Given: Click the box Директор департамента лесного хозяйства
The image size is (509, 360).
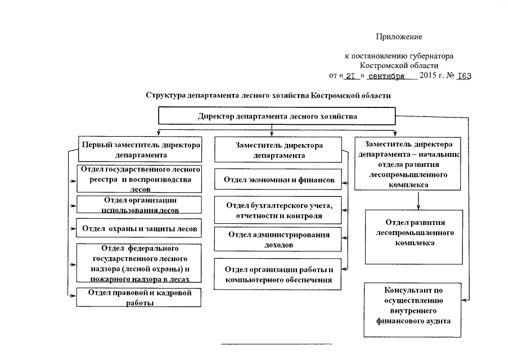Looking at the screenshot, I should [277, 116].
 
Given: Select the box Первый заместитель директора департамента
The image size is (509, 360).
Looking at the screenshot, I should [140, 150].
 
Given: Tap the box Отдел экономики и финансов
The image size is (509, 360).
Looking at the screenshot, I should [279, 180].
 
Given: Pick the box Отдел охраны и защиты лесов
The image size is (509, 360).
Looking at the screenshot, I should [139, 228].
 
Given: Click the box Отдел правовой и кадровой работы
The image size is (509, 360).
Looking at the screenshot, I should [139, 298].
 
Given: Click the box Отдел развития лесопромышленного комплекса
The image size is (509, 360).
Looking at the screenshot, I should [413, 237].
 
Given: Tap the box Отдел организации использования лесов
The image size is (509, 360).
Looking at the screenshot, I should [139, 205].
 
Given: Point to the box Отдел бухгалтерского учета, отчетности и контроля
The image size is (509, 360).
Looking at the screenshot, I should [279, 210].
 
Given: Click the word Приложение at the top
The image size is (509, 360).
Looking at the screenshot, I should [399, 37].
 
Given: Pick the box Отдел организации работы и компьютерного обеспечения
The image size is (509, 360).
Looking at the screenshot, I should [279, 274].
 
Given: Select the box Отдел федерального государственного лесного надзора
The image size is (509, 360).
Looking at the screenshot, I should [139, 263].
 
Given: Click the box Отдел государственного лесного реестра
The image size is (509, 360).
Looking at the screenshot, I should [139, 179].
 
